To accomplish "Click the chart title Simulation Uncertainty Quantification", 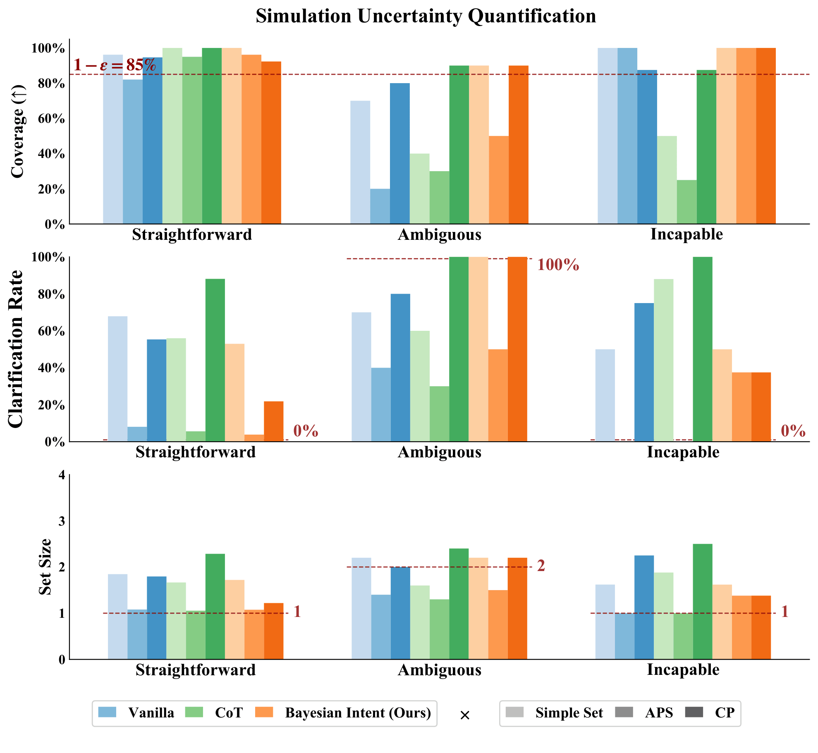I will click(x=426, y=17).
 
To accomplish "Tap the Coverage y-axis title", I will click(x=18, y=131).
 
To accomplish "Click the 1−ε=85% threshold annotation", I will click(x=115, y=65).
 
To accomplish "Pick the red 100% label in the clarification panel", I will click(x=558, y=265).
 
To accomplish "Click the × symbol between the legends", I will click(x=465, y=715).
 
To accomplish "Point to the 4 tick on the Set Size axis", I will click(x=62, y=475).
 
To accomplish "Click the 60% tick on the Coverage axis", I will click(x=48, y=119).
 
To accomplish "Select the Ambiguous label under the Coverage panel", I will click(x=440, y=235).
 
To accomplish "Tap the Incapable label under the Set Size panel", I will click(x=683, y=669).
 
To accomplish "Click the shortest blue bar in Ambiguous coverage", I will click(x=380, y=206).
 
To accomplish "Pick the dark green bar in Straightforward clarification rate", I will click(x=215, y=360).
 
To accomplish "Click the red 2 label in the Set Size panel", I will click(x=541, y=566).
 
